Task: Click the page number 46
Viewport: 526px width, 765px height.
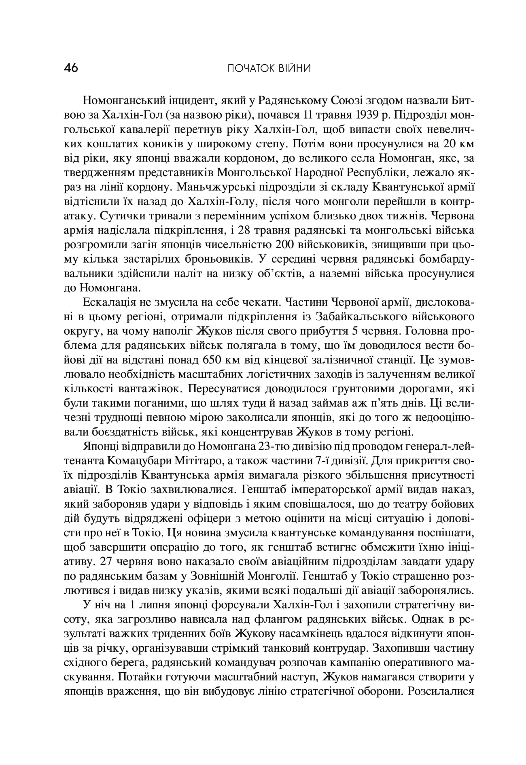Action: click(x=71, y=68)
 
